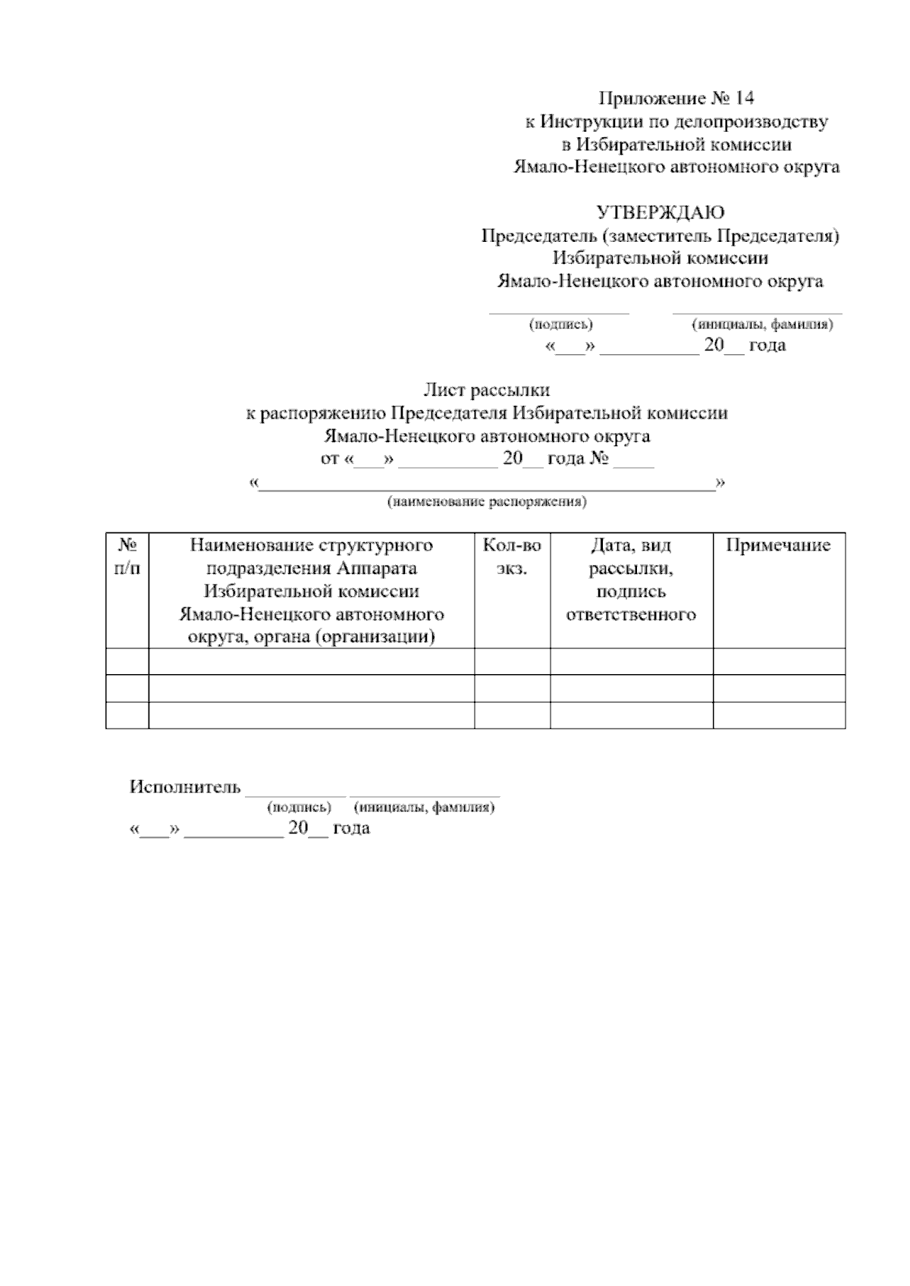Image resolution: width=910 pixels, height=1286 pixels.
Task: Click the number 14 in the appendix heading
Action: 744,99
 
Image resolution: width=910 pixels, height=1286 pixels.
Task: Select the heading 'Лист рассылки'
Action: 486,391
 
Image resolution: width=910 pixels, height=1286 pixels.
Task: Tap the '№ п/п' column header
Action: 127,557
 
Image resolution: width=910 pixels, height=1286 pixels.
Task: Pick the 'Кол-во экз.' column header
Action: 512,557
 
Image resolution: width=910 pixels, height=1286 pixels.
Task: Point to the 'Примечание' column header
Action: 778,546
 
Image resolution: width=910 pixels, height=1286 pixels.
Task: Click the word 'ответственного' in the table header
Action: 631,614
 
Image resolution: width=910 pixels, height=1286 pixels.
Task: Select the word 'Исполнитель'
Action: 185,787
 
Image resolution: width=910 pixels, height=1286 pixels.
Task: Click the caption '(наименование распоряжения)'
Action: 487,503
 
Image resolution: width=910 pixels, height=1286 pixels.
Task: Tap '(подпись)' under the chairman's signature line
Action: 560,325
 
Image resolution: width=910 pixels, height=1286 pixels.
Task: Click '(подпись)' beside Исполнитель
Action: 300,808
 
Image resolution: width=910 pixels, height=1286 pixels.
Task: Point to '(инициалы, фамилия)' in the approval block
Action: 762,325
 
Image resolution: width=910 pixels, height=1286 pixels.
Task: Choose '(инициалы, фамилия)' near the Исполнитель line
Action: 424,808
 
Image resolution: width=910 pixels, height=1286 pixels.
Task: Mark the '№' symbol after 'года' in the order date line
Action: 599,460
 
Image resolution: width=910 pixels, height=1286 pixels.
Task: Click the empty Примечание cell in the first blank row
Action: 779,661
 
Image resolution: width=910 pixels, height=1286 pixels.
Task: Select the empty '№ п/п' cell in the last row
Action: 127,715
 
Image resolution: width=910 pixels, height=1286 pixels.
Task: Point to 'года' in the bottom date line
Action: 351,828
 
